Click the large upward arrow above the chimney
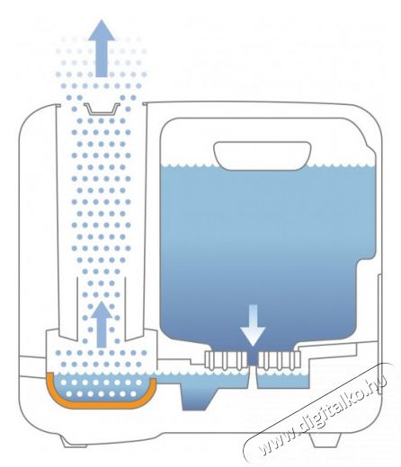[x=102, y=48]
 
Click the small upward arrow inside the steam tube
[x=102, y=324]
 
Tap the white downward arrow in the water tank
[x=253, y=326]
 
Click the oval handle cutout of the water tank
[x=263, y=156]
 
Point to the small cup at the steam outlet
[x=102, y=110]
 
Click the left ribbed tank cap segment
[x=227, y=360]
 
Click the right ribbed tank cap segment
[x=280, y=360]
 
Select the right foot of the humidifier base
[x=325, y=441]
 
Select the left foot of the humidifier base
[x=75, y=442]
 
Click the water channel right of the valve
[x=283, y=381]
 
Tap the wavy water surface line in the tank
[x=268, y=165]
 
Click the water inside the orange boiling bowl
[x=102, y=388]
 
